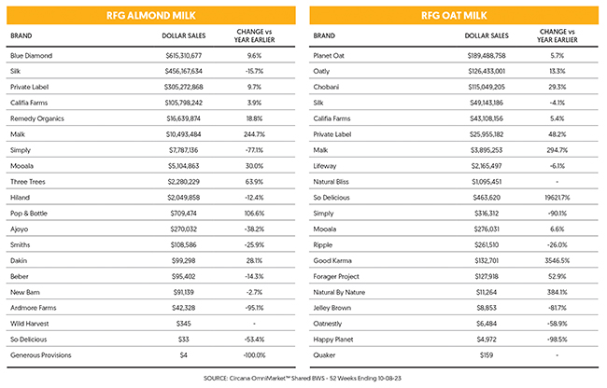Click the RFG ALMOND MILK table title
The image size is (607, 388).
[x=151, y=16]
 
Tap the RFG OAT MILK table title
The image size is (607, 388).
[x=454, y=16]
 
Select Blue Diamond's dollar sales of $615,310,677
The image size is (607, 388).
[x=183, y=56]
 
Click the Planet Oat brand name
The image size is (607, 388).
[x=329, y=56]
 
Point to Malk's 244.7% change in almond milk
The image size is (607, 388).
[x=254, y=134]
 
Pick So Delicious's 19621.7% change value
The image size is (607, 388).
[x=558, y=198]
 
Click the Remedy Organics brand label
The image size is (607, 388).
[x=37, y=118]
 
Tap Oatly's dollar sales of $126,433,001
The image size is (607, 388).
[x=487, y=71]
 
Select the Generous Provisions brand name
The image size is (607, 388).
[x=41, y=355]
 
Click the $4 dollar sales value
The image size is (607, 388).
[x=183, y=355]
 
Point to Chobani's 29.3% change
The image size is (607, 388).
[x=558, y=87]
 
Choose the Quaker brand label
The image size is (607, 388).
[x=324, y=355]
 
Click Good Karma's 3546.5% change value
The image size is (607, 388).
[x=558, y=260]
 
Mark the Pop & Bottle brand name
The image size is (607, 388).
[x=29, y=214]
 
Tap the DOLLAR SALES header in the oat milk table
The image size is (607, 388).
[x=487, y=35]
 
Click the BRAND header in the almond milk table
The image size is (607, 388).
[x=21, y=35]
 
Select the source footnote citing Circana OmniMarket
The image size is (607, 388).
[x=303, y=378]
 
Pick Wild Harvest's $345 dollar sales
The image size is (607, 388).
[x=183, y=324]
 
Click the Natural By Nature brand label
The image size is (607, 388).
[x=339, y=292]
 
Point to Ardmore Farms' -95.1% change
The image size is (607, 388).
[x=254, y=308]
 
